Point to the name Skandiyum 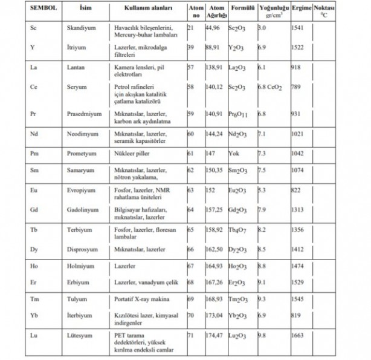(80, 28)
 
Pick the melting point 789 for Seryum (295, 87)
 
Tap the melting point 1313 (297, 209)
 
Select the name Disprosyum (82, 249)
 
